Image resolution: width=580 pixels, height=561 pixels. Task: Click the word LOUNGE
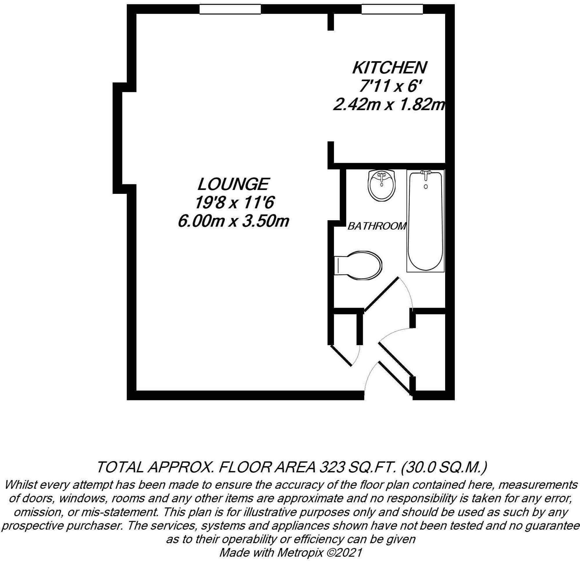pos(233,184)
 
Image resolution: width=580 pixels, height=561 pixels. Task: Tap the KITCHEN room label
pos(389,68)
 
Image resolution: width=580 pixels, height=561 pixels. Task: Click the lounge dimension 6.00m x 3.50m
pos(233,221)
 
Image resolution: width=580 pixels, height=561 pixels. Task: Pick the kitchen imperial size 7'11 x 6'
pos(389,86)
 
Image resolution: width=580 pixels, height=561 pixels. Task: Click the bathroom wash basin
pos(382,185)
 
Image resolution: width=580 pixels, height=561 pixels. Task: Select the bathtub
pos(425,221)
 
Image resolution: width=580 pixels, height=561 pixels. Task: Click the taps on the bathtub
pos(426,175)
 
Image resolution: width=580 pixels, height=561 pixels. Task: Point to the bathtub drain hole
pos(426,187)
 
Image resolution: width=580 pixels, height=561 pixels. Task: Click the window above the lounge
pos(230,9)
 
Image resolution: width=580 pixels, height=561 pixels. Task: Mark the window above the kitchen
pos(392,9)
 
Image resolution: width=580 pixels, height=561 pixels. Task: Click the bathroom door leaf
pos(381,294)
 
